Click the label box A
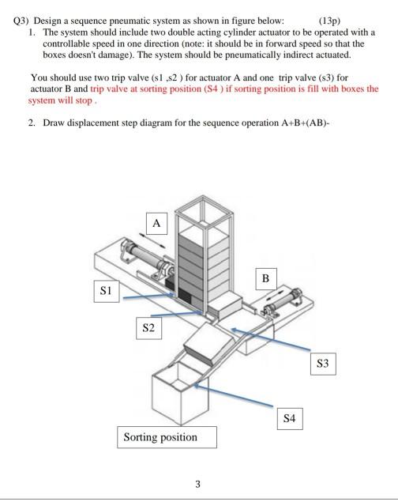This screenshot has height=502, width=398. tap(156, 224)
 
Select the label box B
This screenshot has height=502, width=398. tap(266, 279)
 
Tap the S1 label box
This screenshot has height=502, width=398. tap(104, 290)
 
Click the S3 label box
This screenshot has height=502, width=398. tap(322, 364)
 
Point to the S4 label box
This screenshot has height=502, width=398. tap(290, 419)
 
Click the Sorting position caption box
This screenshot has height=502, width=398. tap(160, 437)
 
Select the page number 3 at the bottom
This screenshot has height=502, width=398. tap(197, 484)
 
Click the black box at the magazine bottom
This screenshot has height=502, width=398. tap(186, 296)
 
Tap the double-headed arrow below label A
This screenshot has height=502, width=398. tap(156, 241)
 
